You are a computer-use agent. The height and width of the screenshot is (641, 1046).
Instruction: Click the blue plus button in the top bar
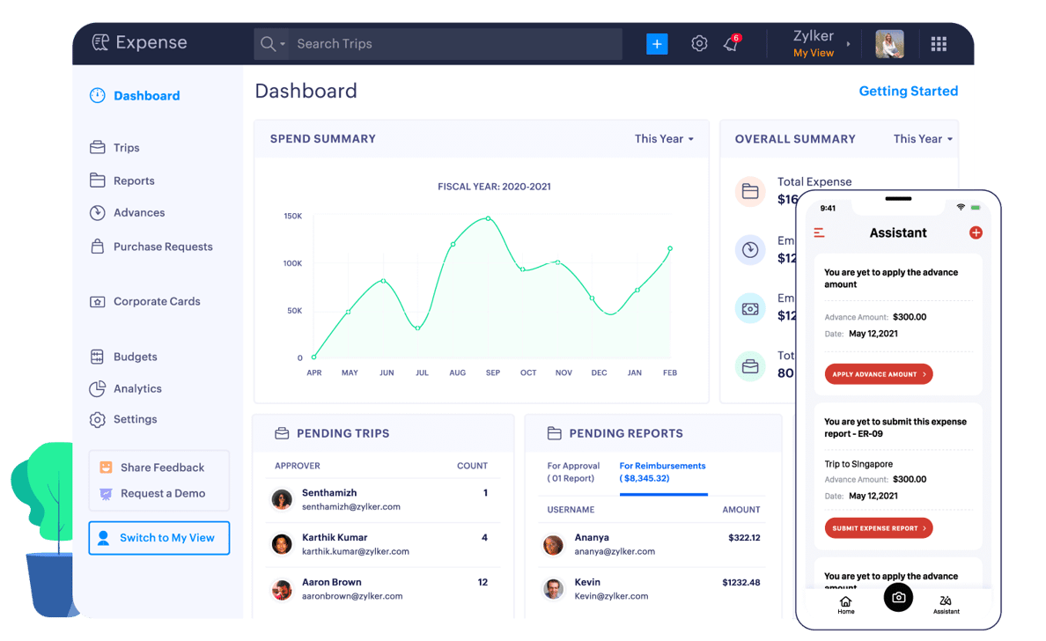tap(657, 43)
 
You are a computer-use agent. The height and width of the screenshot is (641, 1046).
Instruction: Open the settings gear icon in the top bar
tap(699, 43)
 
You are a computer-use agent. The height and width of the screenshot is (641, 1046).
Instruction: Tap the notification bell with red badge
tap(731, 43)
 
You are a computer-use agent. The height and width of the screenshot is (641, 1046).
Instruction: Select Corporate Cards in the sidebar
tap(157, 301)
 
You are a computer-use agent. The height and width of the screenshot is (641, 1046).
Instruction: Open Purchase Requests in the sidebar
tap(163, 247)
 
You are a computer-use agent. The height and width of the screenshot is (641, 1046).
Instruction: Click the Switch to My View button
tap(159, 538)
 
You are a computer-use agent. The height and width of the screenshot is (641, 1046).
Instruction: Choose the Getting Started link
tap(908, 91)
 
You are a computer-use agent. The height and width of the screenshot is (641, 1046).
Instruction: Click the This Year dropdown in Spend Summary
tap(664, 139)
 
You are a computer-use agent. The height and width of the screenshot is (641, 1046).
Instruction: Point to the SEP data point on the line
tap(488, 217)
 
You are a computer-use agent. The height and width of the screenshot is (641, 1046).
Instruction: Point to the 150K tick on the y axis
tap(293, 216)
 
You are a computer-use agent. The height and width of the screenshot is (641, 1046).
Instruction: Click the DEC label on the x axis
tap(599, 372)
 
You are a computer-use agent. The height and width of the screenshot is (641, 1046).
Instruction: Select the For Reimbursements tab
tap(662, 472)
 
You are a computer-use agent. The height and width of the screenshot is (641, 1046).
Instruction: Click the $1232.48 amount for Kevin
tap(740, 582)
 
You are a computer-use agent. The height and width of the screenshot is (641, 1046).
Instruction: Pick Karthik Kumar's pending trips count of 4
tap(484, 537)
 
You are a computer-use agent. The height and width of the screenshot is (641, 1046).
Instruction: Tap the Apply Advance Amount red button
tap(879, 374)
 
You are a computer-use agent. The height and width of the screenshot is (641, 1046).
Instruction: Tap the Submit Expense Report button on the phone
tap(879, 528)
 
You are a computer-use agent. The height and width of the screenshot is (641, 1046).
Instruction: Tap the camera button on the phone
tap(898, 598)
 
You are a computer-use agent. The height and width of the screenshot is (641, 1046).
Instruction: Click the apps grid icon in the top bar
tap(939, 44)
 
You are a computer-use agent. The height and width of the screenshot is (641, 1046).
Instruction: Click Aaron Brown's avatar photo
tap(282, 589)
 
